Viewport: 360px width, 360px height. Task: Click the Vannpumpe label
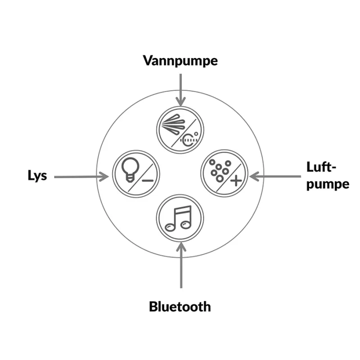[180, 61]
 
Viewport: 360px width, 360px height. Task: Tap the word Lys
[37, 176]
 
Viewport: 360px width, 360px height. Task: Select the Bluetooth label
[180, 306]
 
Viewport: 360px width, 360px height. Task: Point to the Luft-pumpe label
[328, 175]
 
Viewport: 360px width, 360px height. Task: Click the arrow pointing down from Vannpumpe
[181, 90]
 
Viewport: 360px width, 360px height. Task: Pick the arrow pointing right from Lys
[81, 177]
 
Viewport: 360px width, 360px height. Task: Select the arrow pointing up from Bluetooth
[181, 265]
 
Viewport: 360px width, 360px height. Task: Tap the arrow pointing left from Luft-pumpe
[275, 176]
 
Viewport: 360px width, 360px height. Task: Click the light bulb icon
[130, 170]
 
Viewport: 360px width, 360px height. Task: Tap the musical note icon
[178, 218]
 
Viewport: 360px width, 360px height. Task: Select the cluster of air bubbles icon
[220, 171]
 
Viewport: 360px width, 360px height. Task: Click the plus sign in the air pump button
[236, 181]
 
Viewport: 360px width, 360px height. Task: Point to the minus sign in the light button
[148, 181]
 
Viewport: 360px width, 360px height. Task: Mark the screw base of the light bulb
[130, 178]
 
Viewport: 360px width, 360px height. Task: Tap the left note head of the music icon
[171, 227]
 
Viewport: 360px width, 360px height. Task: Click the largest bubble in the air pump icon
[220, 178]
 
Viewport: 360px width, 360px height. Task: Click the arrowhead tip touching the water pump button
[181, 106]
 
